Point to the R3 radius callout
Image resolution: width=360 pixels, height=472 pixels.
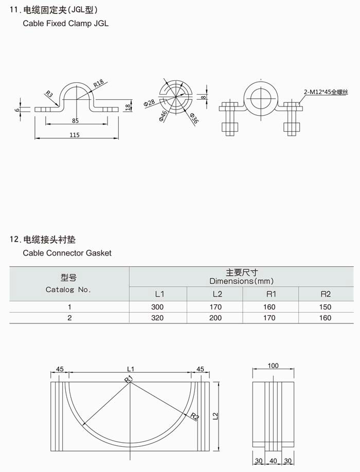pyautogui.click(x=49, y=94)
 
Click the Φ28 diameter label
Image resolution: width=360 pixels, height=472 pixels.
pyautogui.click(x=149, y=102)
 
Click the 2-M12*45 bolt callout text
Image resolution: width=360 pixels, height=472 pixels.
pyautogui.click(x=326, y=91)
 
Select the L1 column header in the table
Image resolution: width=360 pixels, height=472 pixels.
pyautogui.click(x=159, y=294)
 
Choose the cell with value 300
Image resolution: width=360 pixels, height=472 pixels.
pyautogui.click(x=157, y=307)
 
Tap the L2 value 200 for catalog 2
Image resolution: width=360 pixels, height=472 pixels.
pyautogui.click(x=215, y=318)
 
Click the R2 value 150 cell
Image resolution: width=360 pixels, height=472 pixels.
pyautogui.click(x=325, y=307)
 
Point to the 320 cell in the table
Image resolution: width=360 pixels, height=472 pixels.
pyautogui.click(x=157, y=318)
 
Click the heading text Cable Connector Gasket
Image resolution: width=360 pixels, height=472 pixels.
pyautogui.click(x=67, y=253)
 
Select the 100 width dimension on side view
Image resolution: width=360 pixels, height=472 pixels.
pyautogui.click(x=273, y=366)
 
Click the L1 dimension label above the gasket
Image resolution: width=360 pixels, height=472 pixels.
pyautogui.click(x=130, y=369)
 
